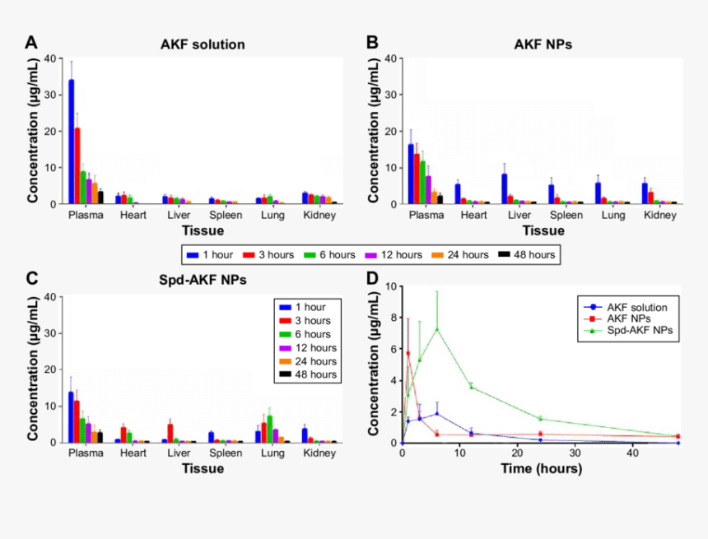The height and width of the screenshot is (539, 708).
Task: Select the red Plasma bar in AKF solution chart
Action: point(77,165)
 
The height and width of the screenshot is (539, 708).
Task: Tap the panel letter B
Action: point(372,42)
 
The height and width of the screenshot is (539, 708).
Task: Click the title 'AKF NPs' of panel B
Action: point(543,44)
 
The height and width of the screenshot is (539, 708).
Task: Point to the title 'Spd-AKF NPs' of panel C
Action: point(203,279)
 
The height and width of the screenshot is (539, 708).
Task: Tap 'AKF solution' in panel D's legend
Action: point(631,307)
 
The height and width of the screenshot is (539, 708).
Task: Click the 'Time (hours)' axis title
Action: point(542,469)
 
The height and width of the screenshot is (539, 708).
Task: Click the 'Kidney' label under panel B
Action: point(660,216)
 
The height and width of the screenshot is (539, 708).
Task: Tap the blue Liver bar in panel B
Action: point(504,188)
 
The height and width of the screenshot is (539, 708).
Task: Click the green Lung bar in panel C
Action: point(269,429)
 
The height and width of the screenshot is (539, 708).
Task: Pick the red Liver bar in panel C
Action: point(170,433)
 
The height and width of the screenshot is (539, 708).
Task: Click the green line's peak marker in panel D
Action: point(436,329)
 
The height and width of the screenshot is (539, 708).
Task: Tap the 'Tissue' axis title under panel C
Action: point(203,469)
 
